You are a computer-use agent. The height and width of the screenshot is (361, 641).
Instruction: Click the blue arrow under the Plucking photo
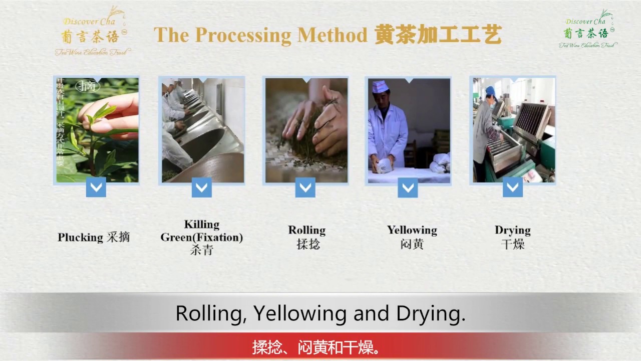click(x=96, y=188)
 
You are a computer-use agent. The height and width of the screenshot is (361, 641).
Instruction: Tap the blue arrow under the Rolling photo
click(x=305, y=188)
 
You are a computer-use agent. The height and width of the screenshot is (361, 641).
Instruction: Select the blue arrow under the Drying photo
click(x=513, y=188)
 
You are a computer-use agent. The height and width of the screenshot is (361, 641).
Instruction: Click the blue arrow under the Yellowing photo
click(x=408, y=188)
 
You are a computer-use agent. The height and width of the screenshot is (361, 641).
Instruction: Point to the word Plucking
click(x=80, y=237)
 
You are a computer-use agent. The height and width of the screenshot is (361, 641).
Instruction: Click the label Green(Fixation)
click(x=202, y=237)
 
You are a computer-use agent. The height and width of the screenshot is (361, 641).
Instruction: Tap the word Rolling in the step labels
click(x=306, y=230)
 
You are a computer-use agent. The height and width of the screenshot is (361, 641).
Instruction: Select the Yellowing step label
click(x=412, y=230)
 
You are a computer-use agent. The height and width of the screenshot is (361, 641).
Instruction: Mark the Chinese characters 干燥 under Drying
click(x=513, y=245)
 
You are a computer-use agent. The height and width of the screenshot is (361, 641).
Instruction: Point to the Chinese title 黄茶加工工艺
click(x=438, y=35)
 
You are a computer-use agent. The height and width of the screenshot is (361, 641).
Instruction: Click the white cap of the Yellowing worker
click(x=381, y=86)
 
